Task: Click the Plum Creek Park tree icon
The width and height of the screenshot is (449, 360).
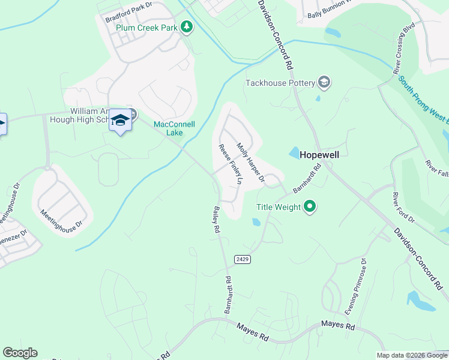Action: [187, 27]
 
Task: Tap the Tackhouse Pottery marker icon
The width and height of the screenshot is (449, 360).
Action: [324, 82]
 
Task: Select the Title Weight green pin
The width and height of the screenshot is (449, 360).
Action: [310, 207]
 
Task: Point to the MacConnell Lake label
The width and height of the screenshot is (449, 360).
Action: [175, 128]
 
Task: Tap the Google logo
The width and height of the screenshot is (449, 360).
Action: [20, 353]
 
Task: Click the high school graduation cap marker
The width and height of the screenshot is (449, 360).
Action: [121, 121]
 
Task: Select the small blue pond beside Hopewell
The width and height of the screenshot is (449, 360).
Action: [294, 154]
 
